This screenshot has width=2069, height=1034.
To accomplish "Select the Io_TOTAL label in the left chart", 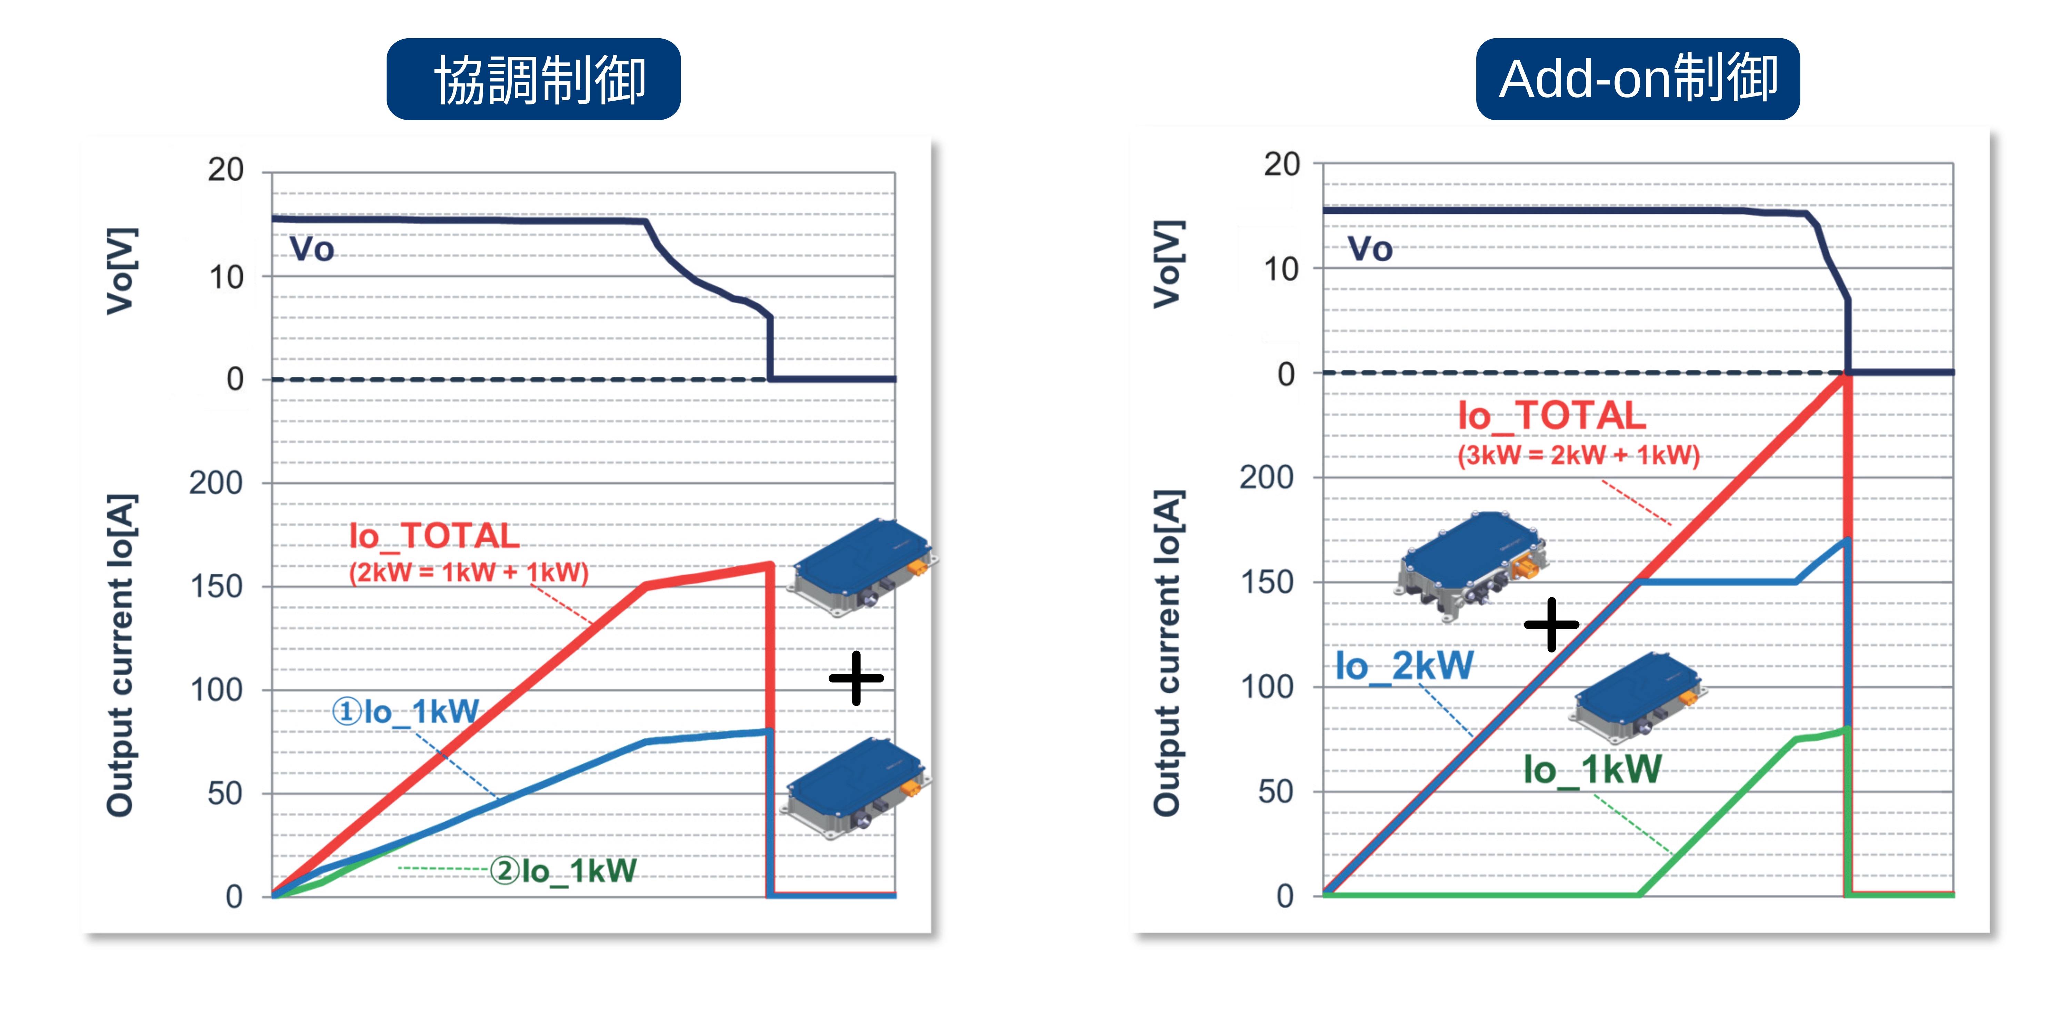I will point(434,536).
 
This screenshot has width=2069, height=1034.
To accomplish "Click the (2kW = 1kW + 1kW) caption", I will point(468,572).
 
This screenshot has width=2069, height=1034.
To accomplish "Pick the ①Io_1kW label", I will point(406,711).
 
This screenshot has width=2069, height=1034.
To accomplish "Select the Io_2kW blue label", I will point(1404,666).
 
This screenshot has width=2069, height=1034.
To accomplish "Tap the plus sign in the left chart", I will point(856,678).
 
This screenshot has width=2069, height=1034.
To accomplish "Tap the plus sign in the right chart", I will point(1551,625).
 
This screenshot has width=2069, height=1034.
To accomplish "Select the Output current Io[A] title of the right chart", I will point(1167,652).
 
